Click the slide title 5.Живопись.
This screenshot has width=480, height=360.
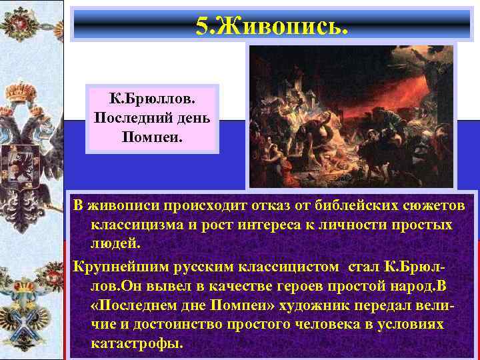(271, 26)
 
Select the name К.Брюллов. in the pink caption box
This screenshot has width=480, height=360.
(152, 99)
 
